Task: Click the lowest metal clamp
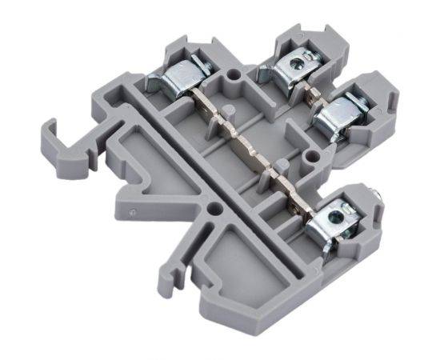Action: click(x=335, y=222)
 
